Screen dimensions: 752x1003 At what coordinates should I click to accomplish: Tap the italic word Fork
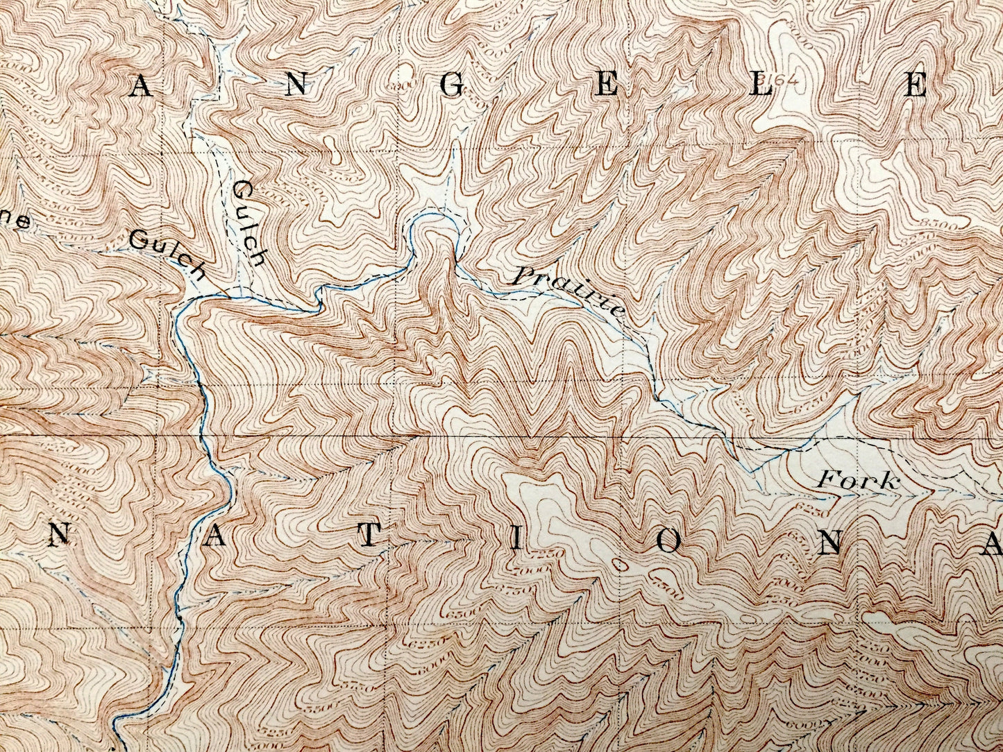click(x=858, y=481)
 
